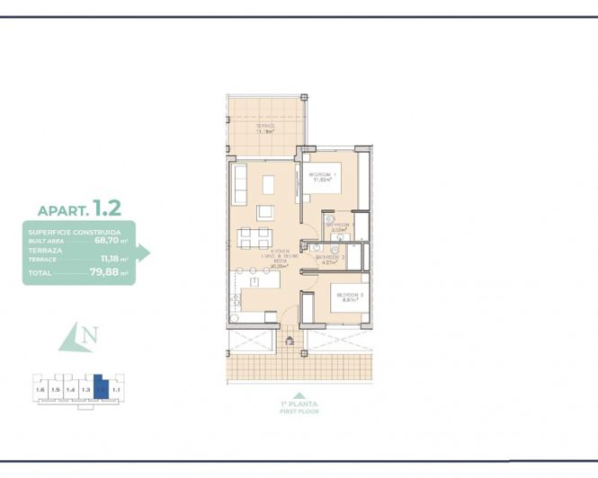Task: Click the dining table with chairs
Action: point(254,238)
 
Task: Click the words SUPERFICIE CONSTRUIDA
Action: point(68,233)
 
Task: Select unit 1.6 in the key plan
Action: point(40,390)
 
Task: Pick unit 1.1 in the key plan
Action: point(116,390)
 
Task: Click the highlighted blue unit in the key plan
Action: point(102,389)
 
